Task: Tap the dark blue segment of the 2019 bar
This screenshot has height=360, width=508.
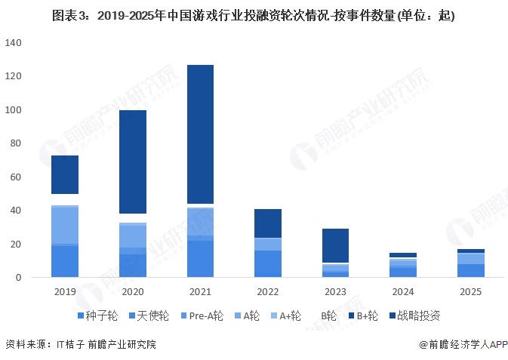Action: tap(65, 174)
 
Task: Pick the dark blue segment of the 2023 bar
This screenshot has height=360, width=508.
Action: tap(336, 245)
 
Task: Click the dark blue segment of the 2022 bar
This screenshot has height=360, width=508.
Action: tap(268, 223)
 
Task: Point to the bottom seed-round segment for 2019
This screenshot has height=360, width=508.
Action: tap(65, 261)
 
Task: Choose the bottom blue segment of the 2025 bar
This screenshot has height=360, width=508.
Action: tap(471, 270)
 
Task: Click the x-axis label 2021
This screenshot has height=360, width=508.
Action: tap(201, 292)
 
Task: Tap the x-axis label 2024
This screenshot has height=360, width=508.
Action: tap(404, 292)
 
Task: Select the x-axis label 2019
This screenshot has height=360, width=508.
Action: tap(65, 292)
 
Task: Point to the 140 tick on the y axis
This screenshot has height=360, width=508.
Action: tap(14, 44)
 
